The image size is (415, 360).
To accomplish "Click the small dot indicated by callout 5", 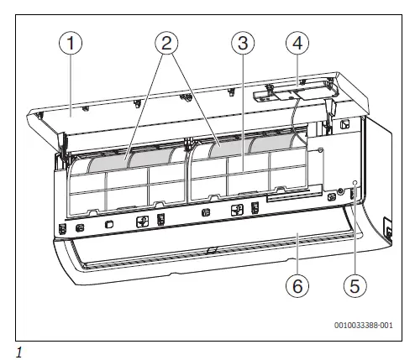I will [x=355, y=182].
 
